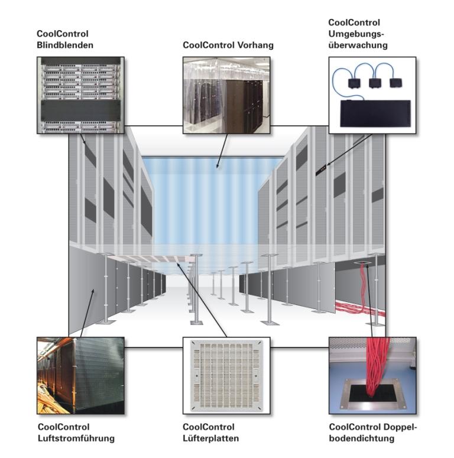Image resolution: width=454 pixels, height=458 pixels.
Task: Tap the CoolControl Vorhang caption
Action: pyautogui.click(x=228, y=44)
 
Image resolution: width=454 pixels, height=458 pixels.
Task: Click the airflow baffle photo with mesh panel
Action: pyautogui.click(x=80, y=376)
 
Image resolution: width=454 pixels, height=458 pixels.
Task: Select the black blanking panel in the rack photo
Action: pyautogui.click(x=80, y=109)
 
